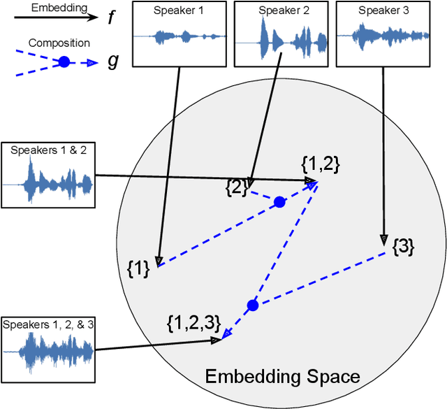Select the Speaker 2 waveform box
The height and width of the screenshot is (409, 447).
[280, 34]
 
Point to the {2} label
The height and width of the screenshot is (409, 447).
[236, 187]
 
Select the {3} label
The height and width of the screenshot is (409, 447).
[403, 246]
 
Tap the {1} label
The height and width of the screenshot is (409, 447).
[138, 268]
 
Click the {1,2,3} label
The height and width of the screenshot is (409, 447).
[194, 322]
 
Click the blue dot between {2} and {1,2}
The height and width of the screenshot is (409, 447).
[279, 202]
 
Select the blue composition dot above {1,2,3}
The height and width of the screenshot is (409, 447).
[253, 305]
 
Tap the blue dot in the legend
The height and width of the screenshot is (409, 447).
[64, 62]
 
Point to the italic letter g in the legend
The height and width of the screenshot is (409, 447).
[112, 62]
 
